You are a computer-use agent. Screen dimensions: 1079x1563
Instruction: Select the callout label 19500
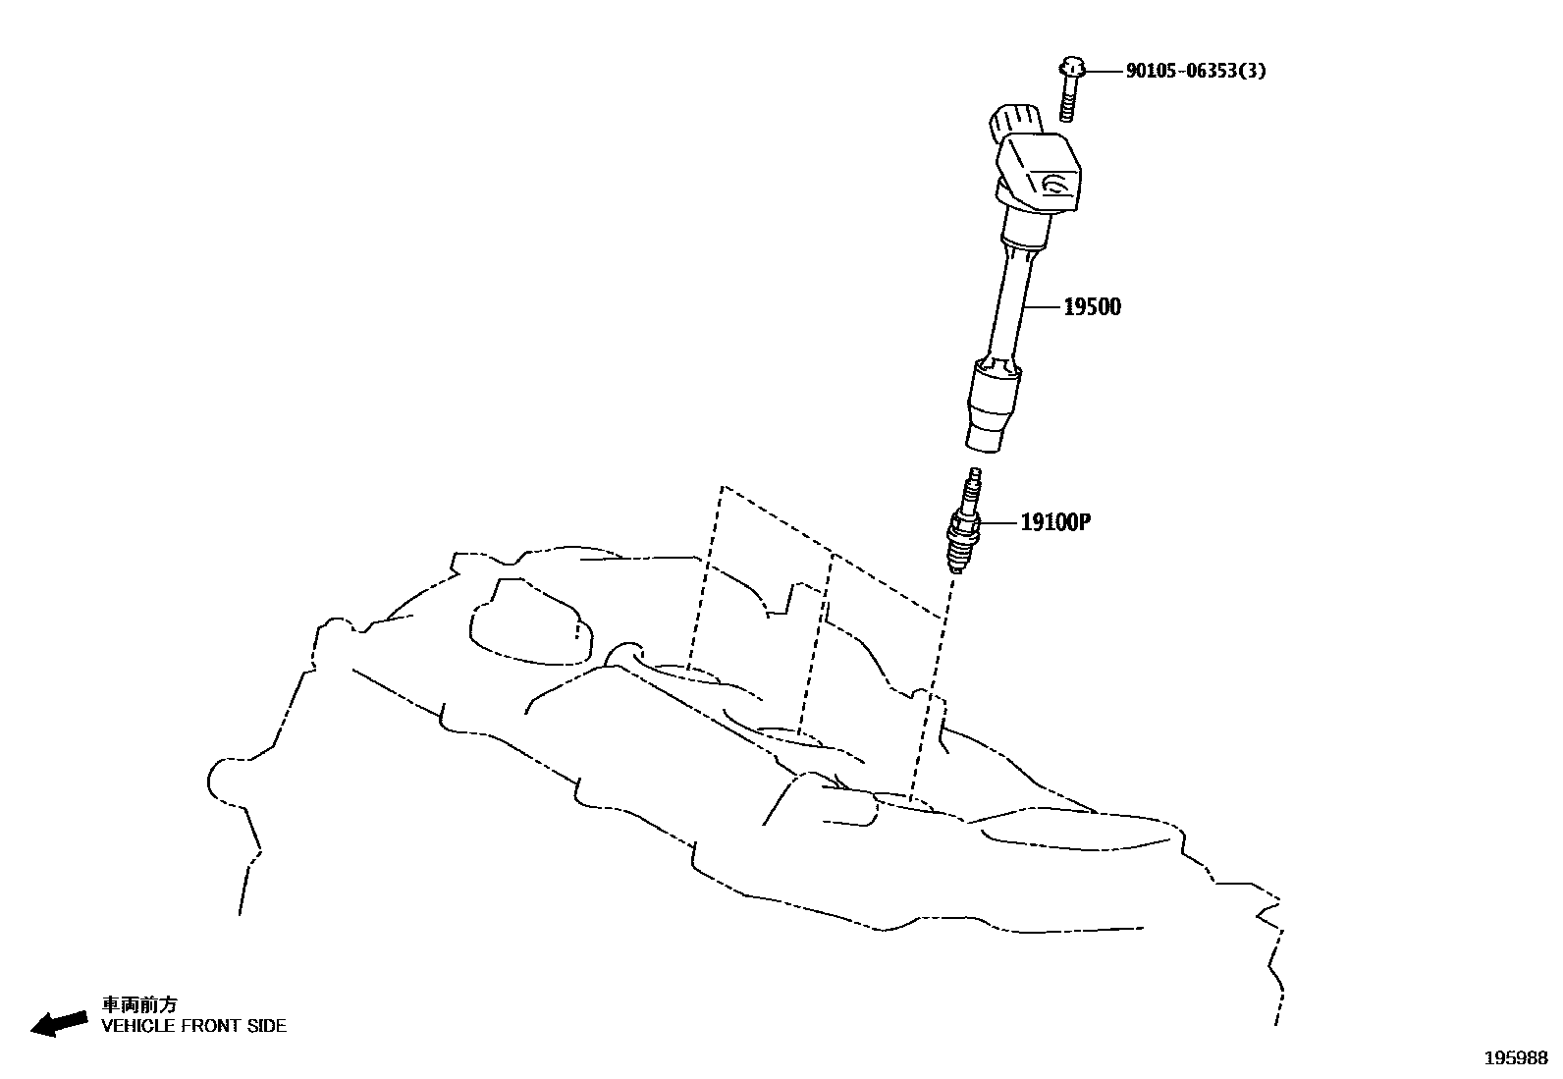pyautogui.click(x=1092, y=307)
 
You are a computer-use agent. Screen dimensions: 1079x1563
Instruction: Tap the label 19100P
pyautogui.click(x=1055, y=522)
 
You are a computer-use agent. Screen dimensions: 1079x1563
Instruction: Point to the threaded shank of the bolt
pyautogui.click(x=1069, y=100)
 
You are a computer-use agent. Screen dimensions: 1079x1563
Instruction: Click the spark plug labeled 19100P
pyautogui.click(x=962, y=525)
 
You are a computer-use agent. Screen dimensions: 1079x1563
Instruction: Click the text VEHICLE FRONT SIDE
pyautogui.click(x=194, y=1026)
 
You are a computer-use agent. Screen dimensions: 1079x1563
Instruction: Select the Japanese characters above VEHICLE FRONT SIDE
pyautogui.click(x=139, y=1004)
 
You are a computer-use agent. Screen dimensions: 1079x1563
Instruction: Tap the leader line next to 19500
pyautogui.click(x=1043, y=307)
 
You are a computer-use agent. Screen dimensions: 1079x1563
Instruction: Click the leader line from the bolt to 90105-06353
pyautogui.click(x=1105, y=71)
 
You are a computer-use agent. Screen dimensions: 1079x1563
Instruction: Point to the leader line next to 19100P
pyautogui.click(x=998, y=522)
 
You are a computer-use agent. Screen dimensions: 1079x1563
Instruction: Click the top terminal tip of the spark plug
pyautogui.click(x=974, y=475)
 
